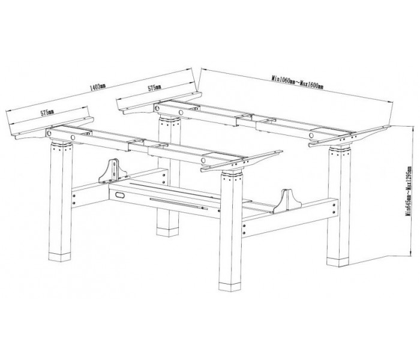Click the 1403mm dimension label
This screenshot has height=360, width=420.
pyautogui.click(x=98, y=87)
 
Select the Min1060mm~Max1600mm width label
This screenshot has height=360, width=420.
pyautogui.click(x=298, y=82)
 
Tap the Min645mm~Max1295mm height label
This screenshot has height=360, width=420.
pyautogui.click(x=409, y=191)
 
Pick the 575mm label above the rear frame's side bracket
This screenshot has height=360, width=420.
pyautogui.click(x=155, y=88)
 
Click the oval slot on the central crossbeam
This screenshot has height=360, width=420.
pyautogui.click(x=120, y=195)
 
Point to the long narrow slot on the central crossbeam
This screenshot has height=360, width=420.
pyautogui.click(x=178, y=203)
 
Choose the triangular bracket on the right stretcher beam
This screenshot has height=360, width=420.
pyautogui.click(x=287, y=202)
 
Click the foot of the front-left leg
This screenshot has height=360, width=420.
pyautogui.click(x=60, y=257)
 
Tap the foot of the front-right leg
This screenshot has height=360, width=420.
pyautogui.click(x=230, y=286)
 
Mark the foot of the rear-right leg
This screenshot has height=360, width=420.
pyautogui.click(x=338, y=262)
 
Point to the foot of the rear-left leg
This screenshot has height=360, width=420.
pyautogui.click(x=167, y=232)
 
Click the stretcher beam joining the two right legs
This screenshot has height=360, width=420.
pyautogui.click(x=289, y=217)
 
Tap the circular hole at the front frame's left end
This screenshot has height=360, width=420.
pyautogui.click(x=49, y=133)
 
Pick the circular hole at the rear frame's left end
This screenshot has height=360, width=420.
pyautogui.click(x=157, y=108)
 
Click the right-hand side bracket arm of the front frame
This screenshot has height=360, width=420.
pyautogui.click(x=242, y=161)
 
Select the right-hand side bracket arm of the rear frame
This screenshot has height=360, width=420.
pyautogui.click(x=348, y=136)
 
